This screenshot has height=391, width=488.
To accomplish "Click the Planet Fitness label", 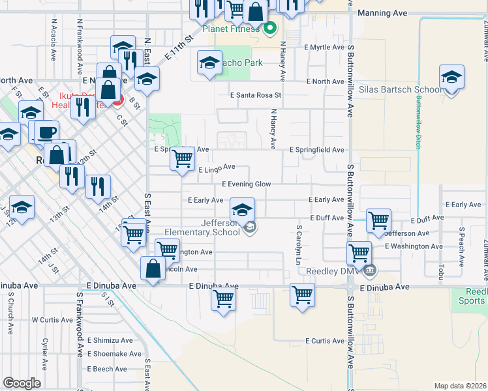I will coord(230,29).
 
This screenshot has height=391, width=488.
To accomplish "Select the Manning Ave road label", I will coord(382,13).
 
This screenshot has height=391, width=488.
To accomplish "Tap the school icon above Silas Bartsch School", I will coord(451,78).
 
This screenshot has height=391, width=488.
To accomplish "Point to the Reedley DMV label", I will coord(331,270).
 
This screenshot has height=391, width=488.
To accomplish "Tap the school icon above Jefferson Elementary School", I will coord(242,210).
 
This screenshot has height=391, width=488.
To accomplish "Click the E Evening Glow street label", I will coord(246,184).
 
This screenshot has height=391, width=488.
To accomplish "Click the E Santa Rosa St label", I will coord(255,95).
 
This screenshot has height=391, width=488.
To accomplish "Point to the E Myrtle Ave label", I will coord(324,48).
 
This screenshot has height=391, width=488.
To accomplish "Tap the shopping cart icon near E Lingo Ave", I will coord(183,158).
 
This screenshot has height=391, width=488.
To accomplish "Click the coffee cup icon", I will coord(46,132).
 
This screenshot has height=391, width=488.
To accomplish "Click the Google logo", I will coord(22,383).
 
